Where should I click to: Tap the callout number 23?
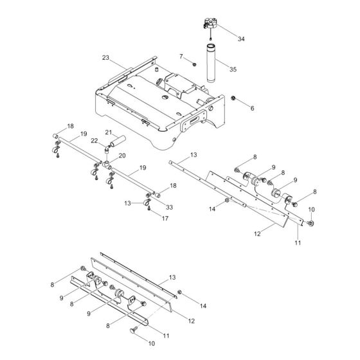click(106, 57)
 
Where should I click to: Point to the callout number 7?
click(181, 57)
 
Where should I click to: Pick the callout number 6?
click(252, 108)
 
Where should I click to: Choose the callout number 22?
click(94, 141)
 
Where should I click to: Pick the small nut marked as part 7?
click(192, 64)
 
